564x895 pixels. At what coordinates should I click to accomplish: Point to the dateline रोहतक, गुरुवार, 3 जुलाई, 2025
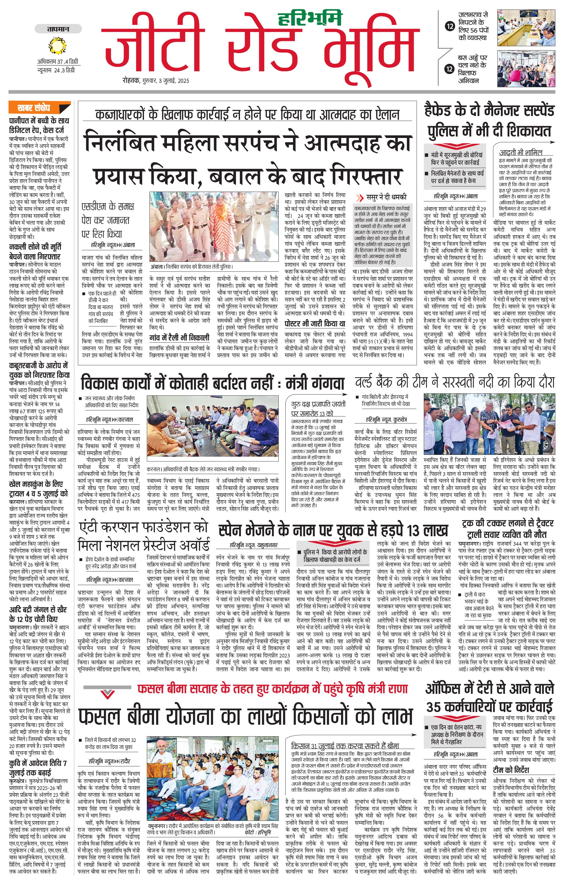[156, 81]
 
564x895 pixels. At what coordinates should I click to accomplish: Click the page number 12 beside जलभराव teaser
[450, 26]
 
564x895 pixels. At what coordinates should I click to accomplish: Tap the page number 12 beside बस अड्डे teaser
[450, 69]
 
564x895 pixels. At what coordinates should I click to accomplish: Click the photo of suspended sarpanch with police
[215, 226]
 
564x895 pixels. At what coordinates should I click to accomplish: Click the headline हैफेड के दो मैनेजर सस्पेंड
[489, 111]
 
